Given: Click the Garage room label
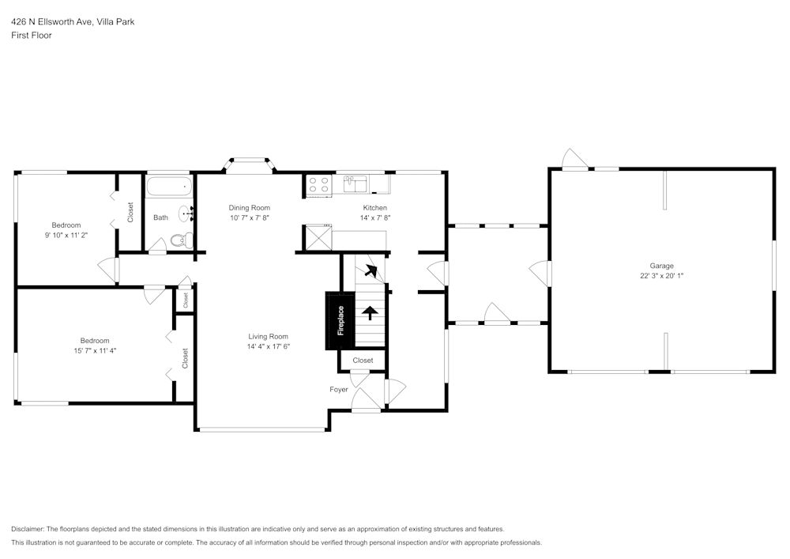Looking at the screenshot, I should click(661, 266).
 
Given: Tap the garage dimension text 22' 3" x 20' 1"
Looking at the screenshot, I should click(661, 276).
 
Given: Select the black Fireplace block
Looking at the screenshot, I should click(340, 320).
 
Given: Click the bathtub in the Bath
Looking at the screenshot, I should click(168, 188).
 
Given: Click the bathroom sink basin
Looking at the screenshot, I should click(186, 213).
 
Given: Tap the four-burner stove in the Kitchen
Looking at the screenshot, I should click(318, 185).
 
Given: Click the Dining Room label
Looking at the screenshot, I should click(249, 208).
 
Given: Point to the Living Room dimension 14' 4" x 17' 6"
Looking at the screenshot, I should click(269, 346).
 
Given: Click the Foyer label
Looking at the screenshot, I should click(339, 390).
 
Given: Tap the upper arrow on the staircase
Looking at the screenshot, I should click(371, 273).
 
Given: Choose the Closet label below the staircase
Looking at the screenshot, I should click(363, 361).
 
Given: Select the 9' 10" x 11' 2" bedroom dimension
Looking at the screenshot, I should click(66, 235).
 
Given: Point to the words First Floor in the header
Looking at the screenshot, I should click(31, 36).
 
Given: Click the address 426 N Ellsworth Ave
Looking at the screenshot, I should click(52, 22).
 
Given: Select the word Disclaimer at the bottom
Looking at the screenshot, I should click(28, 529).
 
